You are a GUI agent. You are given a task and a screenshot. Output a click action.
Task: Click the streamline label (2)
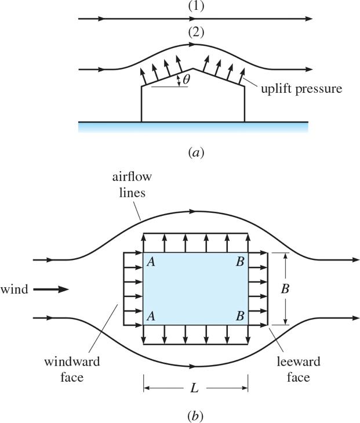coord(196,32)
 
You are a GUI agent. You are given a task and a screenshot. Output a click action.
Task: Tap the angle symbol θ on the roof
coord(186,80)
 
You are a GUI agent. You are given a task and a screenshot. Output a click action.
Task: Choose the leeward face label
coord(306,370)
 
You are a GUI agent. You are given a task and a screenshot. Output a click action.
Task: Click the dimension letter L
coord(195,388)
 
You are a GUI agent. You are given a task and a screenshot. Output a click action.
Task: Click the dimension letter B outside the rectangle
coord(301,289)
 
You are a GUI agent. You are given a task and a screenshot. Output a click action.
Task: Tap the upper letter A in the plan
coord(151,262)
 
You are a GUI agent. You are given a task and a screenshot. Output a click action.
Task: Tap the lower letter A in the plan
coord(151,316)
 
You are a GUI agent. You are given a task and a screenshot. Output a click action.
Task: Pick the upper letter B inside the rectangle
coord(240,262)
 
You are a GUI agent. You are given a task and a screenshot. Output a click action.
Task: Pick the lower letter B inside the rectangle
coord(240,316)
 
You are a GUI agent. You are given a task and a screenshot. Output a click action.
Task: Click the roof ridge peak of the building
coord(193,70)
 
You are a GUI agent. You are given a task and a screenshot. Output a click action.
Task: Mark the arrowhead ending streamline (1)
coord(309,19)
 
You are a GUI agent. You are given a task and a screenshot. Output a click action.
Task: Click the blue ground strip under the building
coord(193,127)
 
